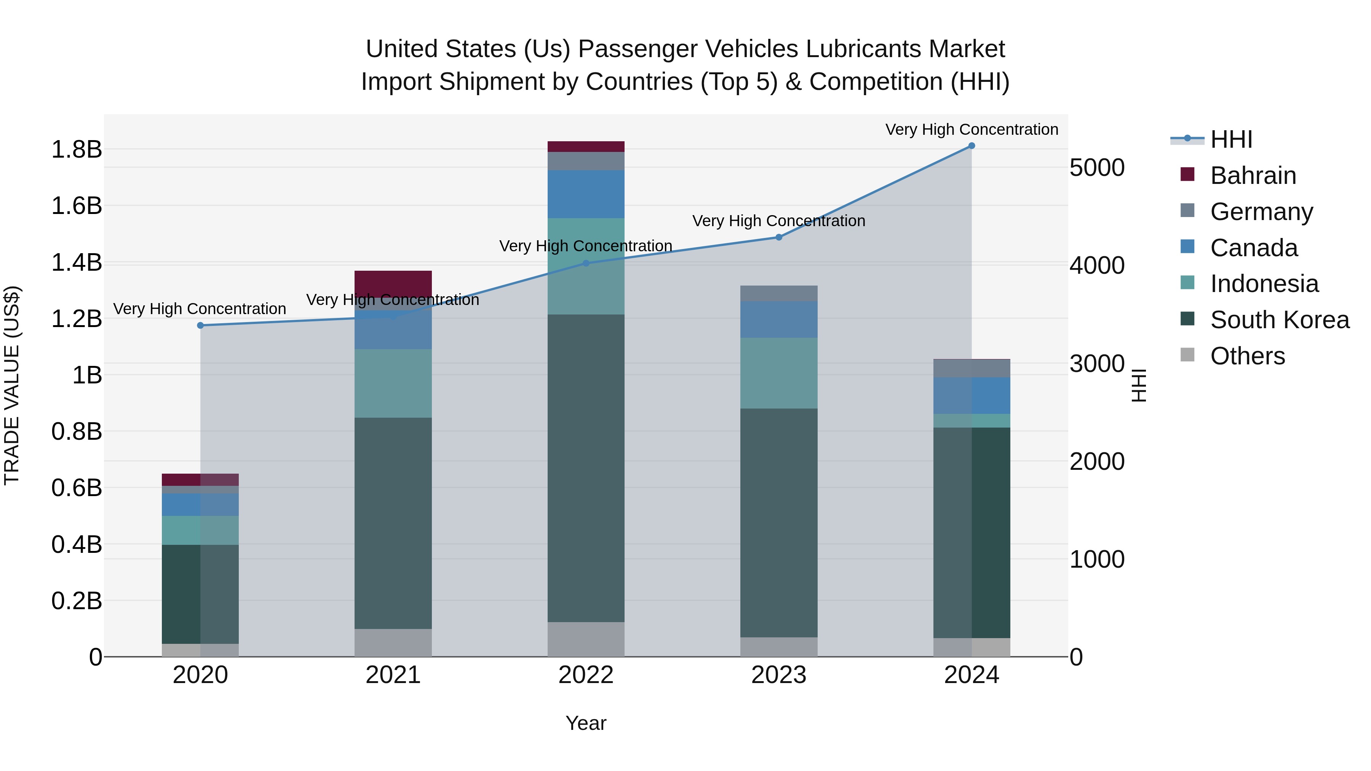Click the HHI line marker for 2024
click(971, 146)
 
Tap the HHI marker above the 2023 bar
click(779, 237)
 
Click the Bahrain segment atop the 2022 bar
click(586, 147)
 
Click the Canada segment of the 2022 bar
click(586, 194)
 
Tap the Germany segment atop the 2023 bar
click(779, 293)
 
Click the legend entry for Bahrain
click(1253, 176)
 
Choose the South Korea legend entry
click(1280, 320)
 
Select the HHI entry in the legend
click(1231, 139)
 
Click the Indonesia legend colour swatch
click(1187, 283)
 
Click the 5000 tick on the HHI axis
click(1097, 168)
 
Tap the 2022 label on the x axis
click(586, 675)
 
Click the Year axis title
click(586, 723)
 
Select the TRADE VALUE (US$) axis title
click(12, 385)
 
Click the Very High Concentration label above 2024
click(971, 129)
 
